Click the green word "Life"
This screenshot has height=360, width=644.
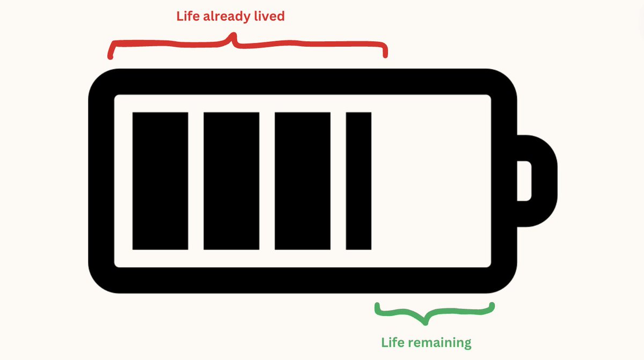(393, 342)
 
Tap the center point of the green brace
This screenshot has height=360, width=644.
(426, 322)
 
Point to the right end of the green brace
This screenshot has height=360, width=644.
(492, 306)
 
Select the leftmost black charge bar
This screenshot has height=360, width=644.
(160, 181)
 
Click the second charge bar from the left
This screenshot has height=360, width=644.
(231, 181)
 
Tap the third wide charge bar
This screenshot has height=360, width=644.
(302, 181)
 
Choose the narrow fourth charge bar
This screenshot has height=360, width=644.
(358, 181)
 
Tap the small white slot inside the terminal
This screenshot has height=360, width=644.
(524, 181)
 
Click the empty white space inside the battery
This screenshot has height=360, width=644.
(429, 181)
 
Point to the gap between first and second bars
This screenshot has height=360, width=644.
(196, 181)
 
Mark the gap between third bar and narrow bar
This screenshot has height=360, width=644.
(338, 181)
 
